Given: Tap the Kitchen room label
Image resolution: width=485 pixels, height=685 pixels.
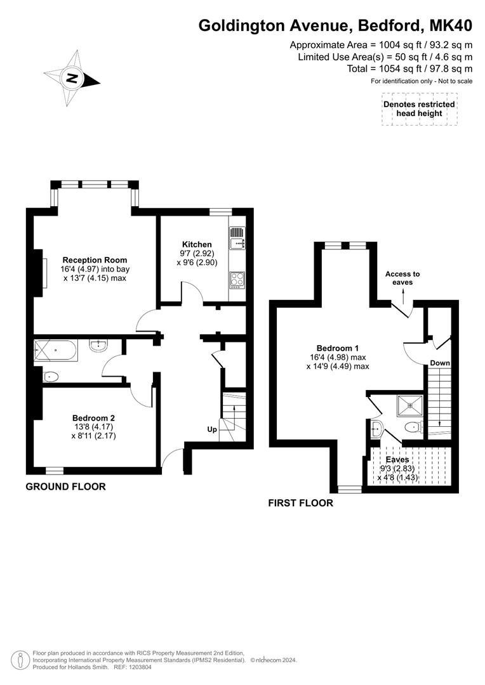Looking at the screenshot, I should point(197,244).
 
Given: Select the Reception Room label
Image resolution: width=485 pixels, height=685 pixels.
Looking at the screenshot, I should point(95,260).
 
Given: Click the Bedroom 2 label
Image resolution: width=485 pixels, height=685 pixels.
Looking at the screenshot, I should point(93,418).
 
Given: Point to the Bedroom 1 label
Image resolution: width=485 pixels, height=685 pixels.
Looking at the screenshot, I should point(338,348).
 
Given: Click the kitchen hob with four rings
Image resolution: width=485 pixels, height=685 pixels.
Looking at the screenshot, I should point(237,280).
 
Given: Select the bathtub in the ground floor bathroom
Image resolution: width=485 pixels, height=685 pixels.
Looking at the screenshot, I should point(56,350).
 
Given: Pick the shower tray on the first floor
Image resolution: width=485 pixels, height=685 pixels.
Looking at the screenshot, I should point(410,402).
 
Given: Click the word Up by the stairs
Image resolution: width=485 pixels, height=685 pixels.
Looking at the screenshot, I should point(212,429).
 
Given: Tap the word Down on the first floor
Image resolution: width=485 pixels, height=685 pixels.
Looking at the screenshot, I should point(440,363).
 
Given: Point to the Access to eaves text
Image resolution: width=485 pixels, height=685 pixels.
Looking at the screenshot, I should point(402,278).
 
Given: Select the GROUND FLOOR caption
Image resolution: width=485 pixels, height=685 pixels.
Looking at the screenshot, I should point(65,487).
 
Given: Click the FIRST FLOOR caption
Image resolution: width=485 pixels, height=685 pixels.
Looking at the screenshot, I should point(300,503).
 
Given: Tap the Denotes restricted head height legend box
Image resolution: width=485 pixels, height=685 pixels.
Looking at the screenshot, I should point(419,108).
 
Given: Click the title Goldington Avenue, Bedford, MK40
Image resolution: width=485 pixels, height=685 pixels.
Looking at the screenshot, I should point(335,26).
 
